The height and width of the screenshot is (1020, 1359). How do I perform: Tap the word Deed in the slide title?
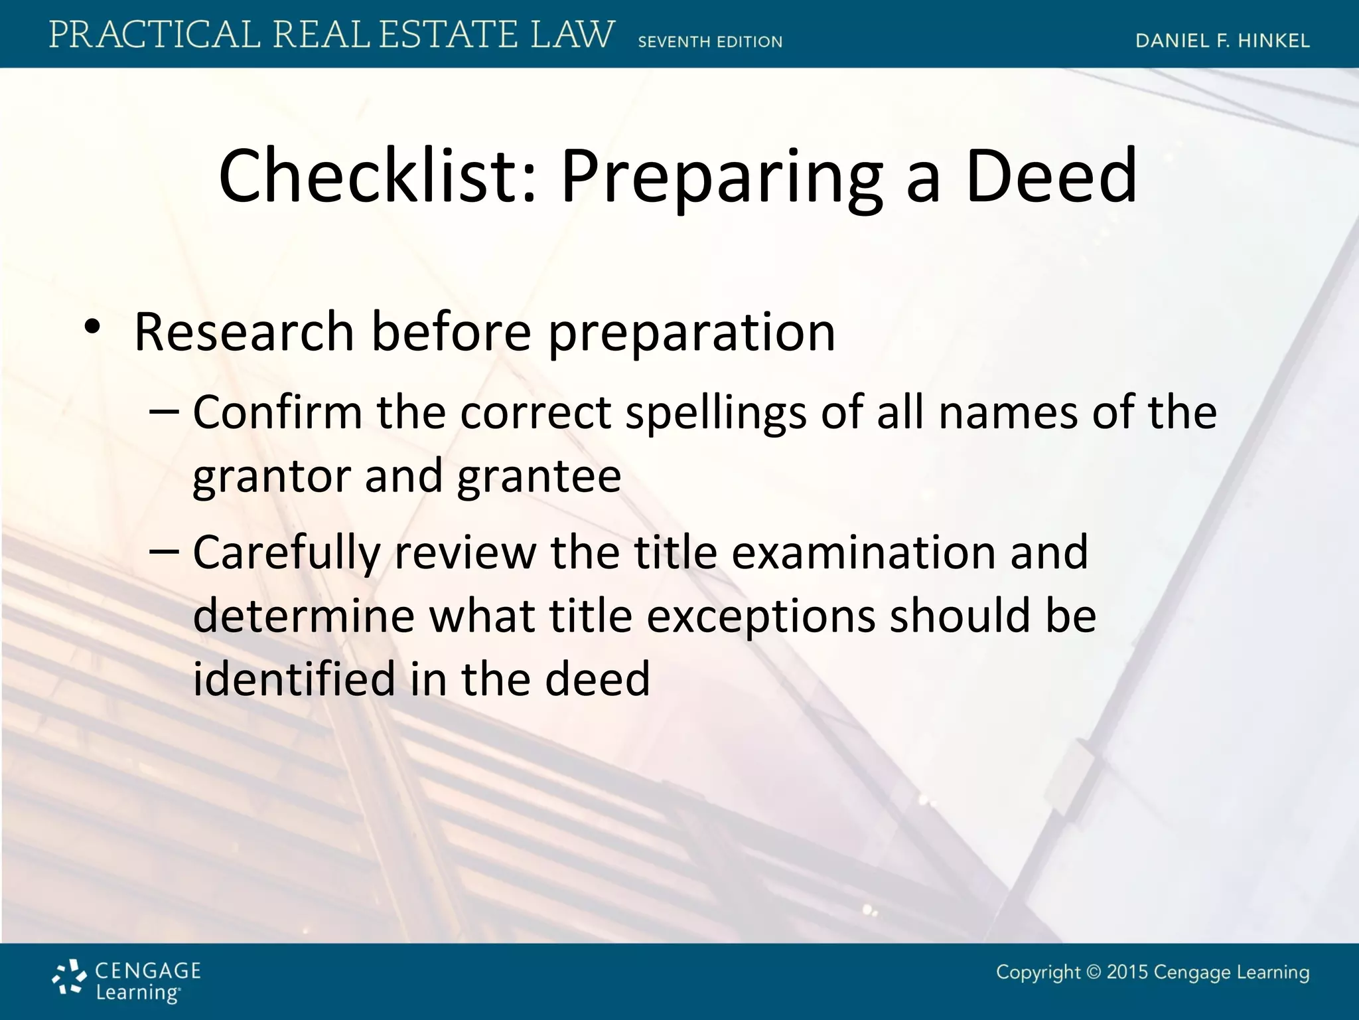tap(1052, 176)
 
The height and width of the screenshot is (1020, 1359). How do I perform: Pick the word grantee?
tap(539, 477)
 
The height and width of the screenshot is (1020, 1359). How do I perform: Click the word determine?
tap(303, 616)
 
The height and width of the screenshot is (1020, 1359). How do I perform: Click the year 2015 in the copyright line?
tap(1127, 972)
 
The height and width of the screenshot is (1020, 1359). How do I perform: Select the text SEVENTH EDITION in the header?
tap(710, 42)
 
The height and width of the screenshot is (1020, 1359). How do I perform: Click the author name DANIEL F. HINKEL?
tap(1222, 41)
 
